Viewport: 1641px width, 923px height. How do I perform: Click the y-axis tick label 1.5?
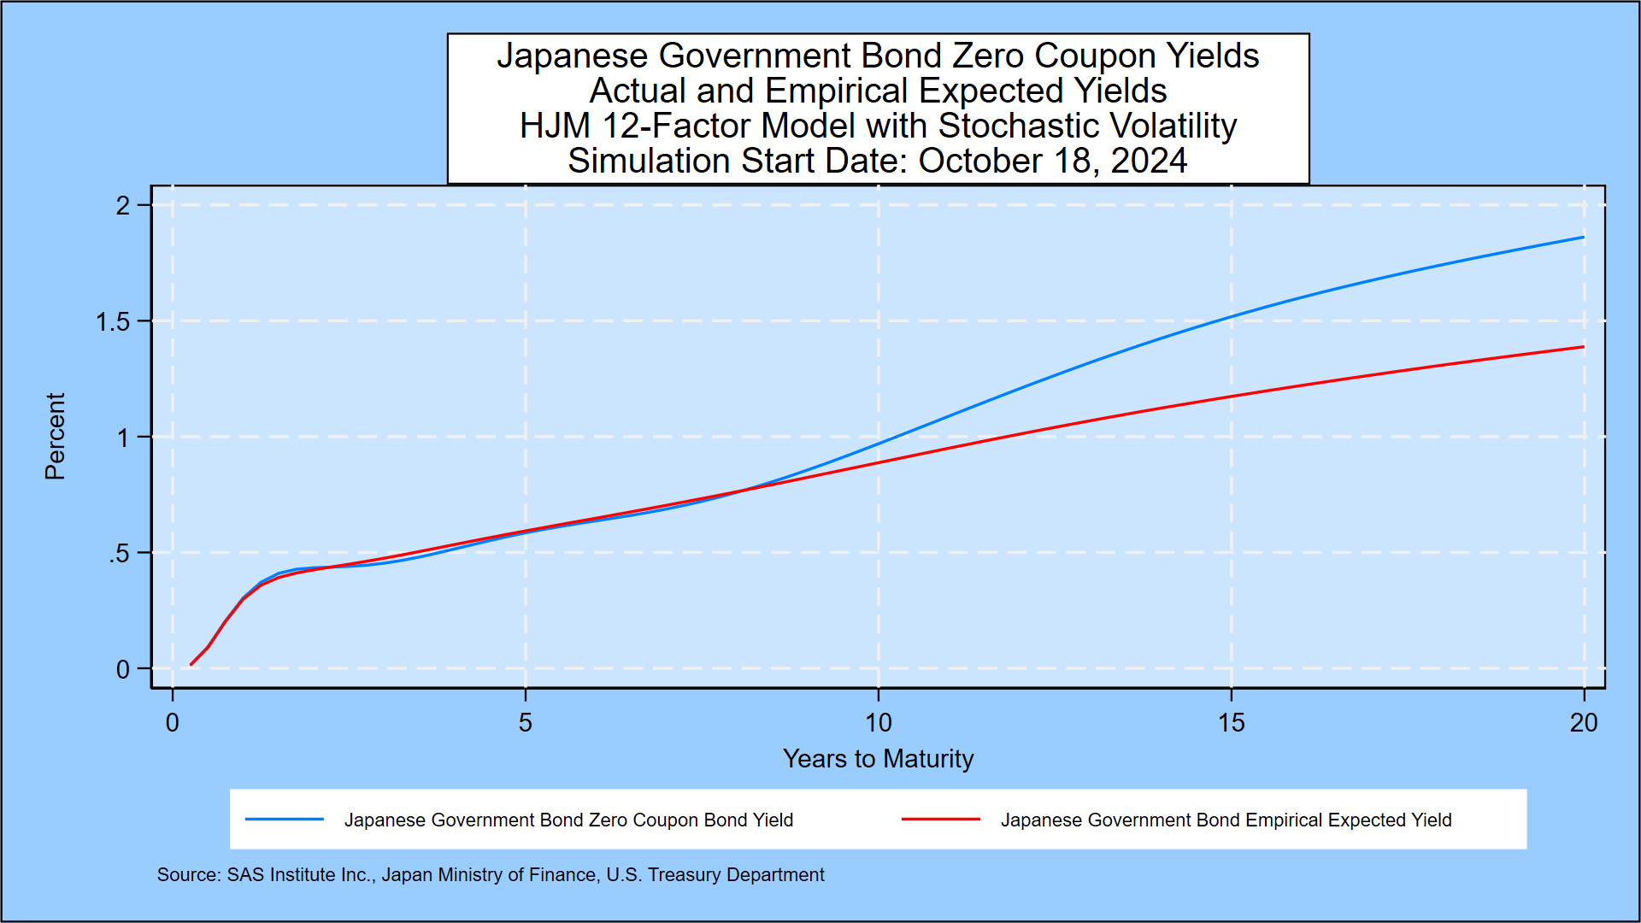(113, 322)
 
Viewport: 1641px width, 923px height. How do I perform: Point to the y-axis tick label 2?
(123, 206)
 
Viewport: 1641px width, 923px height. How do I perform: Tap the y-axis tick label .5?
(119, 554)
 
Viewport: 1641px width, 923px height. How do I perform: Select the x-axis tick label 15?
(1231, 723)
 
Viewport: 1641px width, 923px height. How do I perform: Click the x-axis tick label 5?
(525, 723)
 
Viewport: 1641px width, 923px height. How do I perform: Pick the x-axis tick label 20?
(1583, 723)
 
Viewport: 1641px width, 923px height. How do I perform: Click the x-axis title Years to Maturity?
(878, 759)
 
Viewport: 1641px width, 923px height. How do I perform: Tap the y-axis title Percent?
(55, 436)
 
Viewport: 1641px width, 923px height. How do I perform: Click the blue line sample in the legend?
(285, 820)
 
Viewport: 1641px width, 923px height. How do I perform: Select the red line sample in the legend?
(940, 820)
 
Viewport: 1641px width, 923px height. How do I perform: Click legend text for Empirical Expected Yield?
(1226, 820)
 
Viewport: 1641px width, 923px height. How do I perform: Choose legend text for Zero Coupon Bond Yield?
(568, 820)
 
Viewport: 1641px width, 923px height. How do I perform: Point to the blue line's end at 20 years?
(1583, 238)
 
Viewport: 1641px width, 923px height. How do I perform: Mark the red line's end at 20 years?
(1583, 347)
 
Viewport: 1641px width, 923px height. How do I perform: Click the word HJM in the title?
(555, 126)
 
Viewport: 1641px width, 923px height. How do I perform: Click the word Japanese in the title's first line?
(572, 56)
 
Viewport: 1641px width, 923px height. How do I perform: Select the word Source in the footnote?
(187, 875)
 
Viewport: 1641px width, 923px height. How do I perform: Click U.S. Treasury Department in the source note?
(715, 875)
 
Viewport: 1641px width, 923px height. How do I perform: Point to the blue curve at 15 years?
(1231, 317)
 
